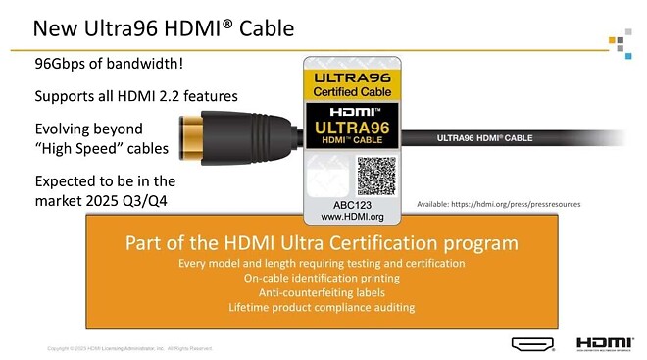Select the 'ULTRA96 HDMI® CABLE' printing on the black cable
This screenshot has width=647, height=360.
485,139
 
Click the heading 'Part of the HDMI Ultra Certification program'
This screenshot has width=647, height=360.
323,243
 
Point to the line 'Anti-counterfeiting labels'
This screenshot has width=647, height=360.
322,292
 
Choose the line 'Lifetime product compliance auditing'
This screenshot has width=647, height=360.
322,307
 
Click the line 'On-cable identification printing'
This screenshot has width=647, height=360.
322,278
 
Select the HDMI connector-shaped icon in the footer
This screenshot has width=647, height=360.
532,343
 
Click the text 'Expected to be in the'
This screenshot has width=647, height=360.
105,181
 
